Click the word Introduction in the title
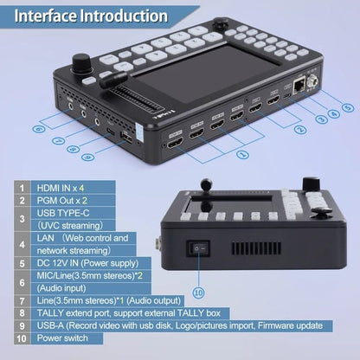click(x=124, y=16)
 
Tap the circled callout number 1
click(x=242, y=154)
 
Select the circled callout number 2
click(x=300, y=130)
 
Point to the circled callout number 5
click(x=348, y=108)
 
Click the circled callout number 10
click(x=199, y=292)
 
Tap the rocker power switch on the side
click(x=199, y=248)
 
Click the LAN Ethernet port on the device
click(x=299, y=87)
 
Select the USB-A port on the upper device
click(x=127, y=138)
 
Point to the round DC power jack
click(x=312, y=80)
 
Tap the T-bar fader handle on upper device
click(x=113, y=80)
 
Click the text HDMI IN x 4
click(x=61, y=188)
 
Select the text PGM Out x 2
click(x=61, y=201)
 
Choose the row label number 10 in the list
click(x=22, y=338)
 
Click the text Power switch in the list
click(x=62, y=338)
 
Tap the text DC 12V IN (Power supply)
click(x=87, y=263)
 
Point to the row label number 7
click(x=22, y=301)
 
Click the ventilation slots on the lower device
click(x=256, y=248)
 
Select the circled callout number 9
click(x=87, y=157)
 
